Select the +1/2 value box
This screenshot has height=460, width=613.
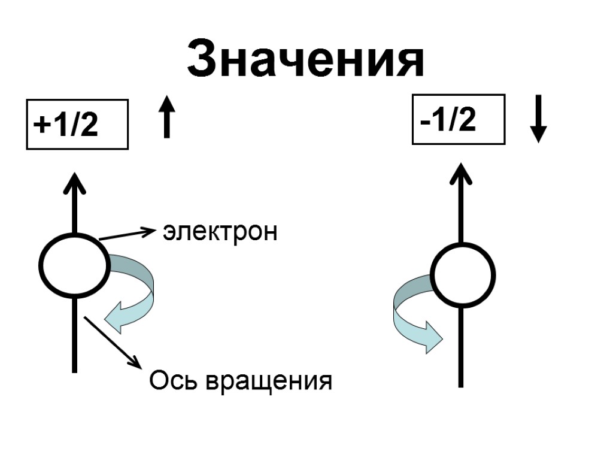point(78,124)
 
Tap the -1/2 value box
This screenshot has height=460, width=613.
point(459,120)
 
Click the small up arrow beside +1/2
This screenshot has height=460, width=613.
point(168,118)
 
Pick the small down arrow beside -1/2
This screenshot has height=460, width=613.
point(539,118)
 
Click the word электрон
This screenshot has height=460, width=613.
point(220,232)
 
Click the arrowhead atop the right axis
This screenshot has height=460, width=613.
point(461,174)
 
